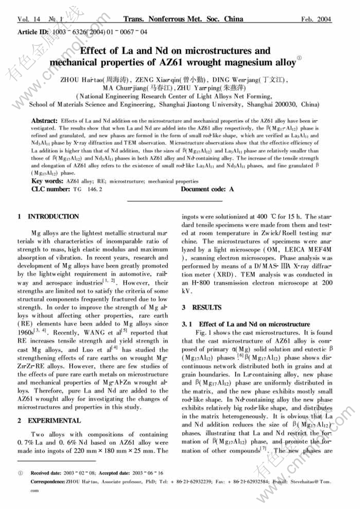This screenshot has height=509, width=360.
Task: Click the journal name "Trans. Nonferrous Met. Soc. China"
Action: click(x=182, y=20)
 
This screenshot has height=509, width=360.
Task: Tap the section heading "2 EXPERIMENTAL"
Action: click(x=49, y=421)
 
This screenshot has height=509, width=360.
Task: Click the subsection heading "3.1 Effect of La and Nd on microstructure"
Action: click(x=246, y=324)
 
